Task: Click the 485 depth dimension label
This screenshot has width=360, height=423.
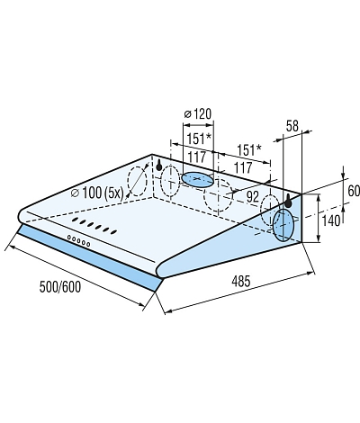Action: [240, 282]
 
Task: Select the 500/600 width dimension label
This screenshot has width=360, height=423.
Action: [60, 287]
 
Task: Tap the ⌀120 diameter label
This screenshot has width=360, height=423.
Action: [198, 114]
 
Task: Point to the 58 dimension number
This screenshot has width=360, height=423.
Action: [292, 126]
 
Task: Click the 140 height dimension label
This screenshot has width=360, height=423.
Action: [331, 220]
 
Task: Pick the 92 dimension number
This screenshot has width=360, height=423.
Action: [252, 197]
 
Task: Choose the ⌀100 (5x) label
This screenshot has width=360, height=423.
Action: [97, 193]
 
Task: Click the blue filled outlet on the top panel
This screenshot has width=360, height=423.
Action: [197, 180]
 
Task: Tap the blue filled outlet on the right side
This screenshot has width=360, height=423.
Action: [283, 226]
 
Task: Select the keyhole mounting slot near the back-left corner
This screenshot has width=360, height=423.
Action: [159, 165]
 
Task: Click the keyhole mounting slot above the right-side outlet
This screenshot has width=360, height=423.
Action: [288, 201]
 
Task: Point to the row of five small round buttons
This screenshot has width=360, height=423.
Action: [78, 241]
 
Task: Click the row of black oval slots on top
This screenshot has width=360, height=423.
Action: [94, 225]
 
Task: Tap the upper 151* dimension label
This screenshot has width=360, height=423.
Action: [199, 139]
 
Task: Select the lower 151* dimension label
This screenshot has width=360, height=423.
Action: [249, 150]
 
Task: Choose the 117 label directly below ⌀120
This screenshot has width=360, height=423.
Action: [197, 157]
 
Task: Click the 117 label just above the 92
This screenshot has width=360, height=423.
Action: [243, 167]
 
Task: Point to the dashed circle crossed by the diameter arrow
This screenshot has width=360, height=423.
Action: [138, 182]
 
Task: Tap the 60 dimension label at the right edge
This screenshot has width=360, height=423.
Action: [354, 192]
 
